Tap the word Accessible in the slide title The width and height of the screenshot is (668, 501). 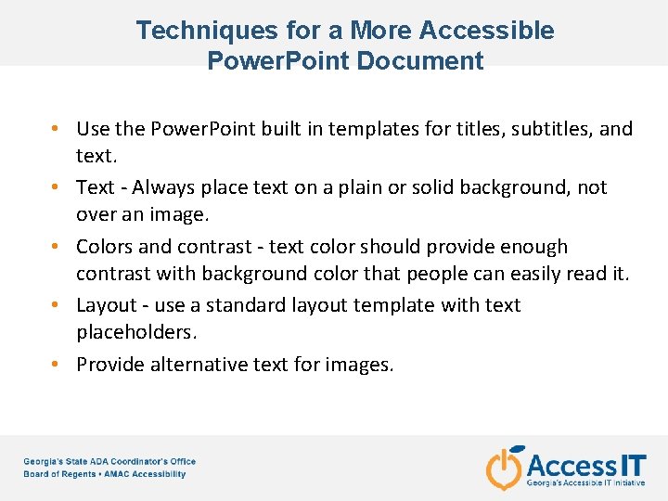486,31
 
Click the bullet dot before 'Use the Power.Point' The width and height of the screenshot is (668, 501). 57,128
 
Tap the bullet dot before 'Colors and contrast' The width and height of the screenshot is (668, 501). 57,247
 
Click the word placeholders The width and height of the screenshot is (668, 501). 136,332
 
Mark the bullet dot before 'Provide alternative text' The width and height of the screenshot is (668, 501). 57,365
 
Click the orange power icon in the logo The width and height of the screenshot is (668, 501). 505,468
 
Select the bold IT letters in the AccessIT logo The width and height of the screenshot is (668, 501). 634,464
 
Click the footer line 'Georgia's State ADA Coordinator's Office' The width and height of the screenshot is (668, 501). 109,461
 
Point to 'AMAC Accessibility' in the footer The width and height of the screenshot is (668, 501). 147,474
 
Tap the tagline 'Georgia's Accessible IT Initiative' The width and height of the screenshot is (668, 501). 586,483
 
